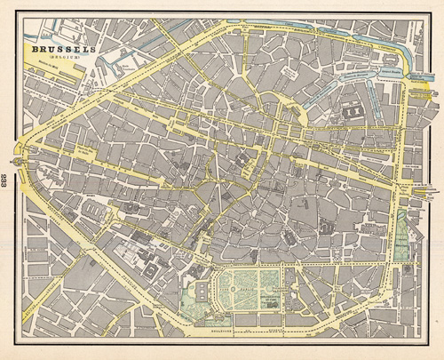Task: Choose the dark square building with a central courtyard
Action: coord(352,114)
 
